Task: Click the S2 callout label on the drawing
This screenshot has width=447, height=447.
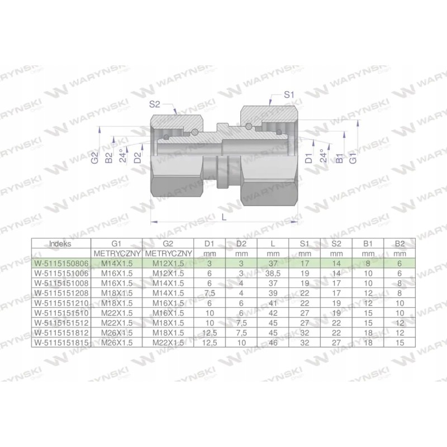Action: point(156,103)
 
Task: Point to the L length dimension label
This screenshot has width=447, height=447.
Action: point(224,217)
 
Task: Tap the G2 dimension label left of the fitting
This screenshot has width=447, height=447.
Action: point(95,159)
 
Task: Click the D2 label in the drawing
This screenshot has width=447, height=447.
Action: point(137,159)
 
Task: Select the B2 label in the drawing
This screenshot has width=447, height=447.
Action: point(110,159)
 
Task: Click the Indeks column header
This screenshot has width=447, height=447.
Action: point(60,244)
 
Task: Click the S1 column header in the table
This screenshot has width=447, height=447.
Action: point(305,244)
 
